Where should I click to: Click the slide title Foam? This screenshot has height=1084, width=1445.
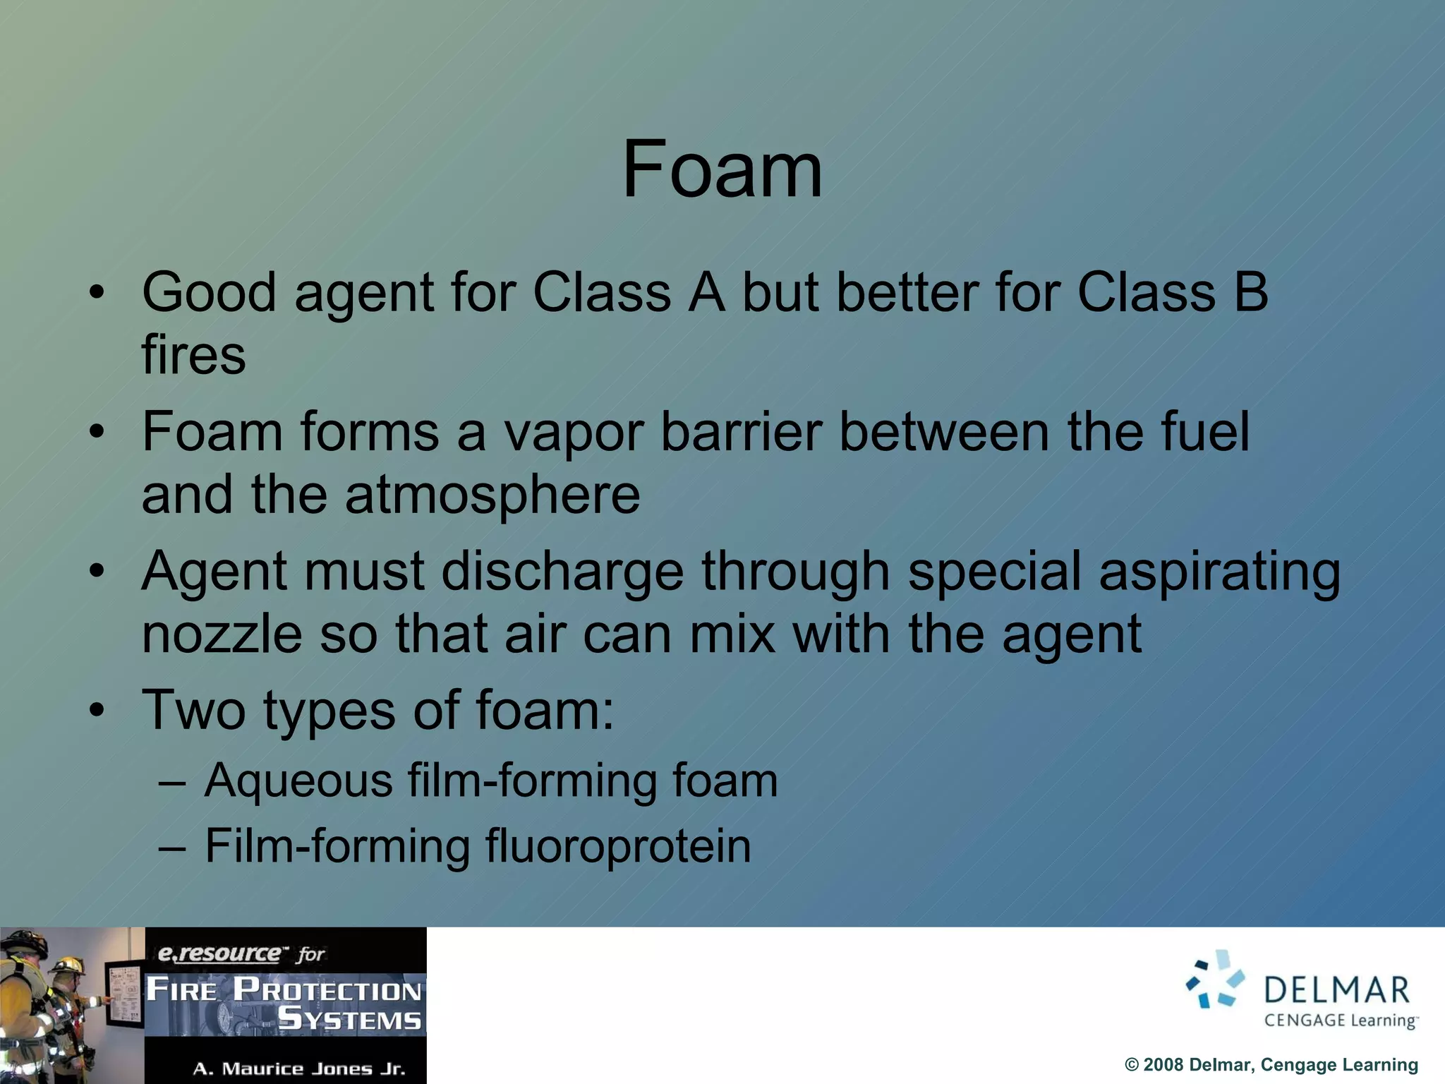tap(722, 169)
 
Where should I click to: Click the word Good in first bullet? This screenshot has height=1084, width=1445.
tap(209, 292)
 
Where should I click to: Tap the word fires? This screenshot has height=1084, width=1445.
tap(193, 355)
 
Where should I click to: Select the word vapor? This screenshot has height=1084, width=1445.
tap(572, 432)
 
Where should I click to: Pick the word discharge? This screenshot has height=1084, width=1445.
tap(562, 572)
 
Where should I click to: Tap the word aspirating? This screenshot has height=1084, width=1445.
tap(1219, 572)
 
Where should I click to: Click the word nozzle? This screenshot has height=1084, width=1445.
tap(222, 634)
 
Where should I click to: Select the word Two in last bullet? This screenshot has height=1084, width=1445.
tap(193, 710)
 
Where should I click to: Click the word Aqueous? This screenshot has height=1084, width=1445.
tap(298, 781)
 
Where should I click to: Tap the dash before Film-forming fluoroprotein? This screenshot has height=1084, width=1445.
tap(171, 847)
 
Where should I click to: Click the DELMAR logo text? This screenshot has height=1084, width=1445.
tap(1336, 990)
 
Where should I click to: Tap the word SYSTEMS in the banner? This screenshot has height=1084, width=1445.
tap(350, 1020)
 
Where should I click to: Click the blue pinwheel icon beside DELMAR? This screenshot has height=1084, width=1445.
tap(1216, 980)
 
